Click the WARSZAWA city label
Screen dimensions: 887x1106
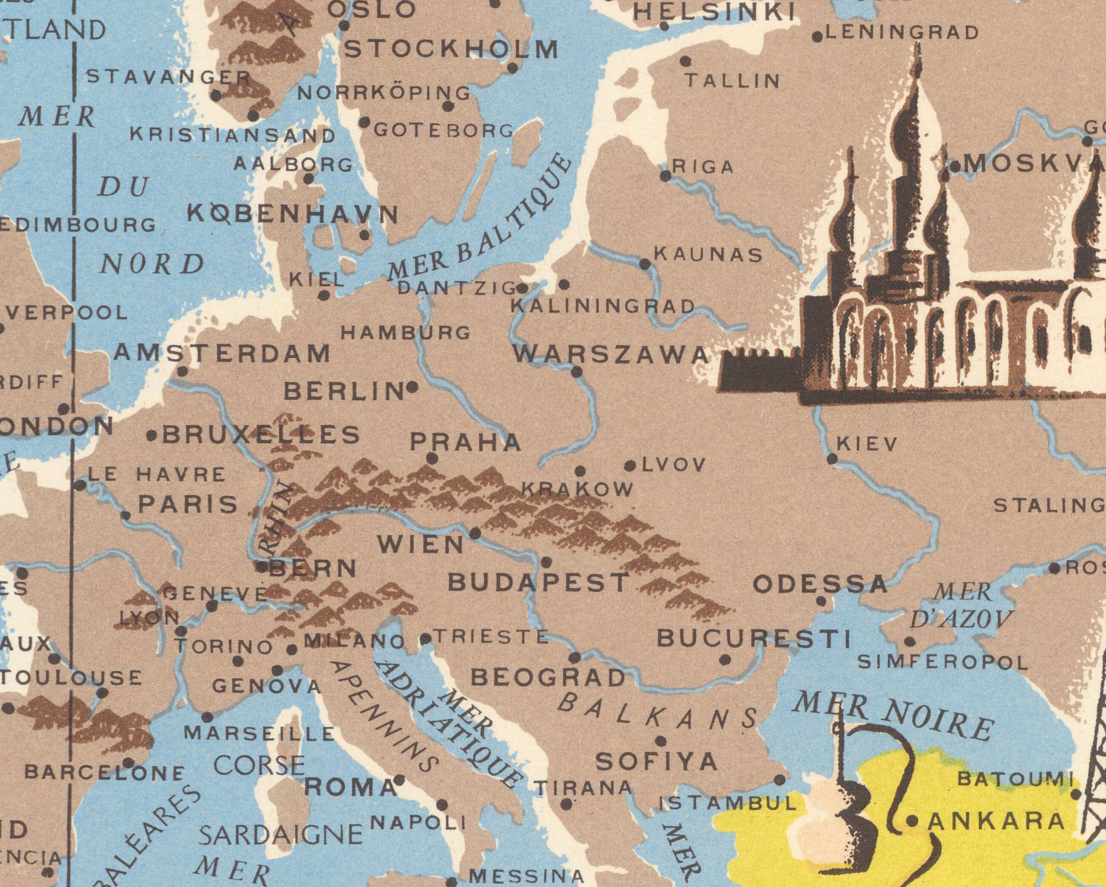tap(610, 355)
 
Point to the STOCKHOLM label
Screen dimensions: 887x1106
tap(451, 50)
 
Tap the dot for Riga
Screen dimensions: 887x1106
tap(665, 176)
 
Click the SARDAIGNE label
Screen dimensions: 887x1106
tap(280, 835)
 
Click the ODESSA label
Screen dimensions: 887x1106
tap(820, 584)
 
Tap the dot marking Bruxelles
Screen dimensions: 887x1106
tap(152, 436)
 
